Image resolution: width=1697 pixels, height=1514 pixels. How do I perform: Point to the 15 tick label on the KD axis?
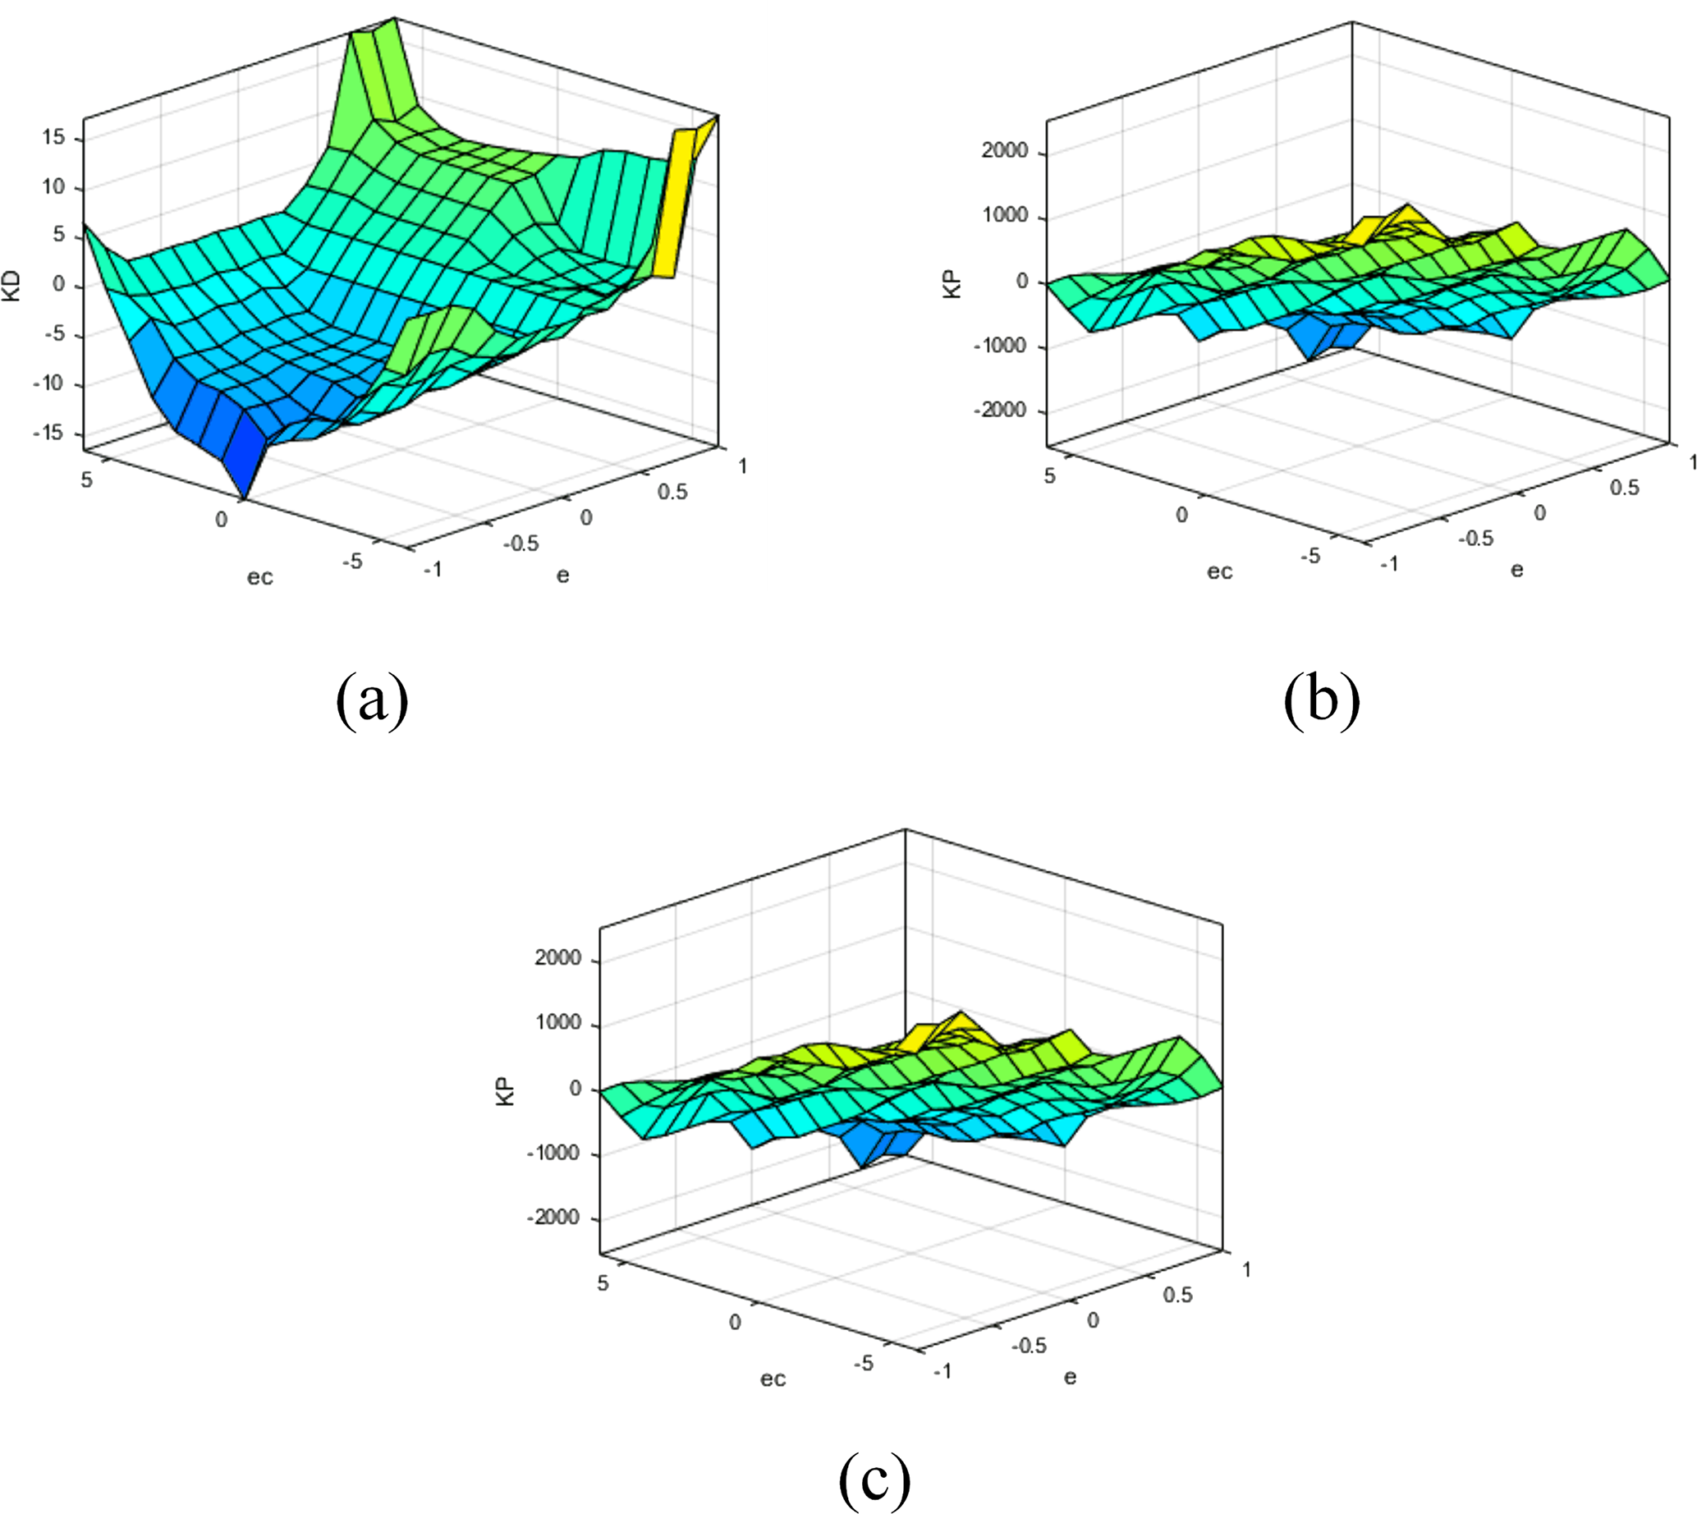54,137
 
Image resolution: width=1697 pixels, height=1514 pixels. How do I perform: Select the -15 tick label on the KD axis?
48,434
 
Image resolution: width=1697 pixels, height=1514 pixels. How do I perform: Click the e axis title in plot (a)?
563,576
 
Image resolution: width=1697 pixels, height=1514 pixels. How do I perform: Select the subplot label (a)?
372,700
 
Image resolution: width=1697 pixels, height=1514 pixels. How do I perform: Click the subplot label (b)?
1322,700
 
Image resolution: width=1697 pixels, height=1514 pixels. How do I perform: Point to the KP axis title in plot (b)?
953,283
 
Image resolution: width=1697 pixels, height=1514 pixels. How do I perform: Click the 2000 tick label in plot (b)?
1005,151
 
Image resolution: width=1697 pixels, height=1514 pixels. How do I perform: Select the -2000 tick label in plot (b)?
1000,411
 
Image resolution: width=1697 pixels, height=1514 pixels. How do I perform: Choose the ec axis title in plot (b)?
1219,571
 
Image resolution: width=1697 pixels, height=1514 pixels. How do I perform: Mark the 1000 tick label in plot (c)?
558,1023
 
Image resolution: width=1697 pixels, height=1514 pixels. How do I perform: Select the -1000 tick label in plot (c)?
553,1153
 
